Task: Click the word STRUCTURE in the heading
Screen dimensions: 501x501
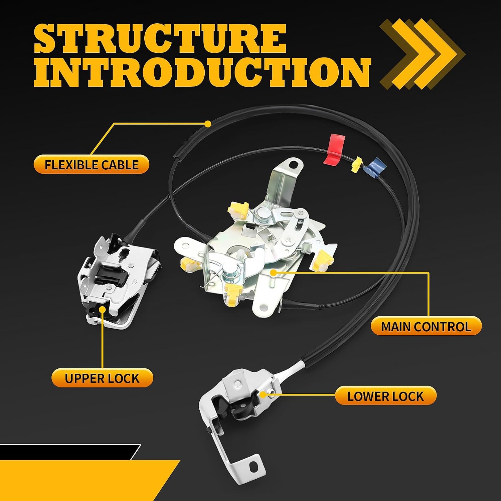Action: click(160, 39)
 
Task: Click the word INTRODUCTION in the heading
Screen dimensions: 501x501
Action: click(202, 72)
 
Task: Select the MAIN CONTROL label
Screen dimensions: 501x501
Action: click(426, 326)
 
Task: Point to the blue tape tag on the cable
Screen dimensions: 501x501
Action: click(373, 168)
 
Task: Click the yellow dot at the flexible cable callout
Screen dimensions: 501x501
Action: click(208, 124)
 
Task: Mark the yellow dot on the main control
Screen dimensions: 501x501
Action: click(273, 273)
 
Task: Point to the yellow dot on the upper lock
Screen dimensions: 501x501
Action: click(102, 309)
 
